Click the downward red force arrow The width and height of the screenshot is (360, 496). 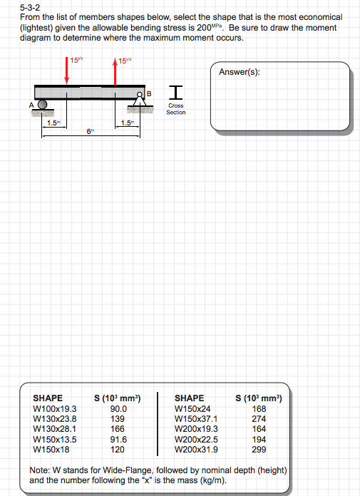click(x=66, y=71)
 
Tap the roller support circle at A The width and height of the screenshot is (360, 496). click(x=43, y=104)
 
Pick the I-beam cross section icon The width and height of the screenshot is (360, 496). click(x=175, y=91)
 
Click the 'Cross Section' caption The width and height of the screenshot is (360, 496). click(x=175, y=109)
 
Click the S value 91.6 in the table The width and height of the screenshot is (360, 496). click(x=119, y=440)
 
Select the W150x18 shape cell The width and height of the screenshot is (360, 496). click(x=51, y=450)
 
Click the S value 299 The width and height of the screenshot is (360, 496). click(x=259, y=450)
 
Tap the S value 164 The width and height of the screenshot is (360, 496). click(x=259, y=429)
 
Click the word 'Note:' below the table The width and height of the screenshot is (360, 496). click(x=38, y=471)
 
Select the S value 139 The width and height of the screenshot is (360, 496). click(x=119, y=419)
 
